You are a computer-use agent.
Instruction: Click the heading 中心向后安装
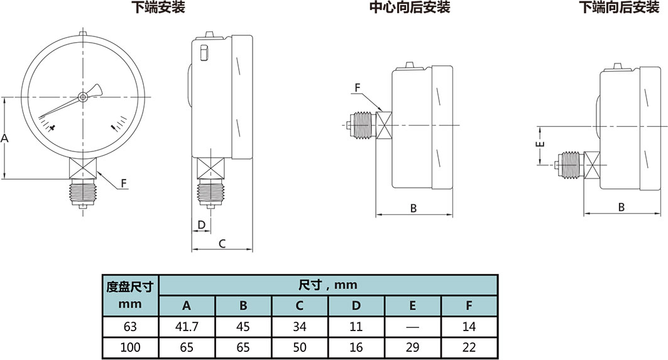[x=409, y=8]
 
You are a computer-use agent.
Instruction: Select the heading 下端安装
[x=158, y=8]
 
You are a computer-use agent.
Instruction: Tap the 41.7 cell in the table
[x=187, y=326]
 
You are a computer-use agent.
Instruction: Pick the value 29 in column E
[x=412, y=347]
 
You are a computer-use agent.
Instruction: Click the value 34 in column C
[x=300, y=326]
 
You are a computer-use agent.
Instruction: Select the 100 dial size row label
[x=130, y=347]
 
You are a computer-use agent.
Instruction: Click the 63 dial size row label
[x=130, y=326]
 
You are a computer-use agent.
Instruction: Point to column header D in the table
[x=356, y=306]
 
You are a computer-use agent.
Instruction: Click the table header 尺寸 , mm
[x=327, y=285]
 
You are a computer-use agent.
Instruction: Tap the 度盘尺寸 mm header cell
[x=130, y=295]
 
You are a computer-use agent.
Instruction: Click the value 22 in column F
[x=469, y=347]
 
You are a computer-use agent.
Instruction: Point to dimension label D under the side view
[x=201, y=224]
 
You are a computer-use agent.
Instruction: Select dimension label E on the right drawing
[x=539, y=145]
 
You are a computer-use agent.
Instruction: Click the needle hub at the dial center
[x=83, y=97]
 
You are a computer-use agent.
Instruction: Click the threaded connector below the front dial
[x=83, y=191]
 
